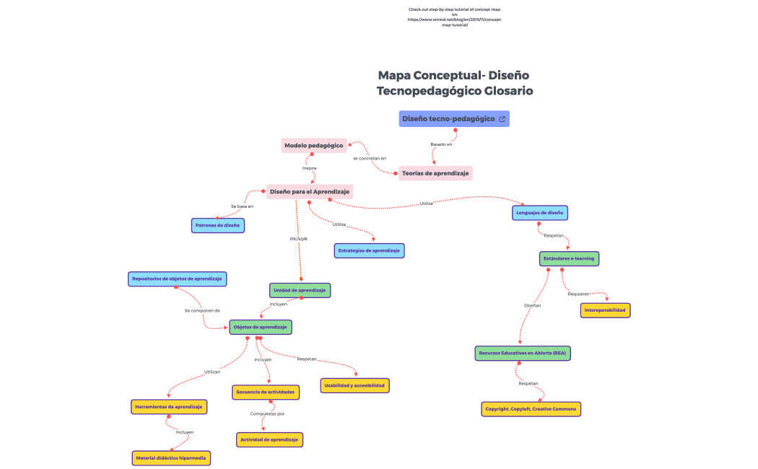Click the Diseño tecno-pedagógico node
[448, 118]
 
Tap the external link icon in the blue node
[502, 118]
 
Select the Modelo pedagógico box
[313, 145]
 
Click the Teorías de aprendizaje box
[435, 173]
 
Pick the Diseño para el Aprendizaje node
[309, 191]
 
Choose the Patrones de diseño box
[217, 226]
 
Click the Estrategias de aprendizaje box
[369, 250]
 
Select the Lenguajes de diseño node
[540, 213]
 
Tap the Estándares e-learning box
[569, 258]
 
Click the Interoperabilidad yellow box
[605, 310]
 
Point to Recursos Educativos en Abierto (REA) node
[523, 353]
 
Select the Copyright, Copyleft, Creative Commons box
[531, 409]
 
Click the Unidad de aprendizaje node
[300, 290]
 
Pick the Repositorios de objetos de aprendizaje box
[177, 279]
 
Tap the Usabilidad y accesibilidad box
[354, 385]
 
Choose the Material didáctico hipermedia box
[171, 457]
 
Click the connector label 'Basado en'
[441, 144]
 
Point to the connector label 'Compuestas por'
[267, 413]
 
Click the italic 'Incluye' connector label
[298, 237]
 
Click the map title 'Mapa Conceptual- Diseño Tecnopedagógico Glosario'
[454, 83]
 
